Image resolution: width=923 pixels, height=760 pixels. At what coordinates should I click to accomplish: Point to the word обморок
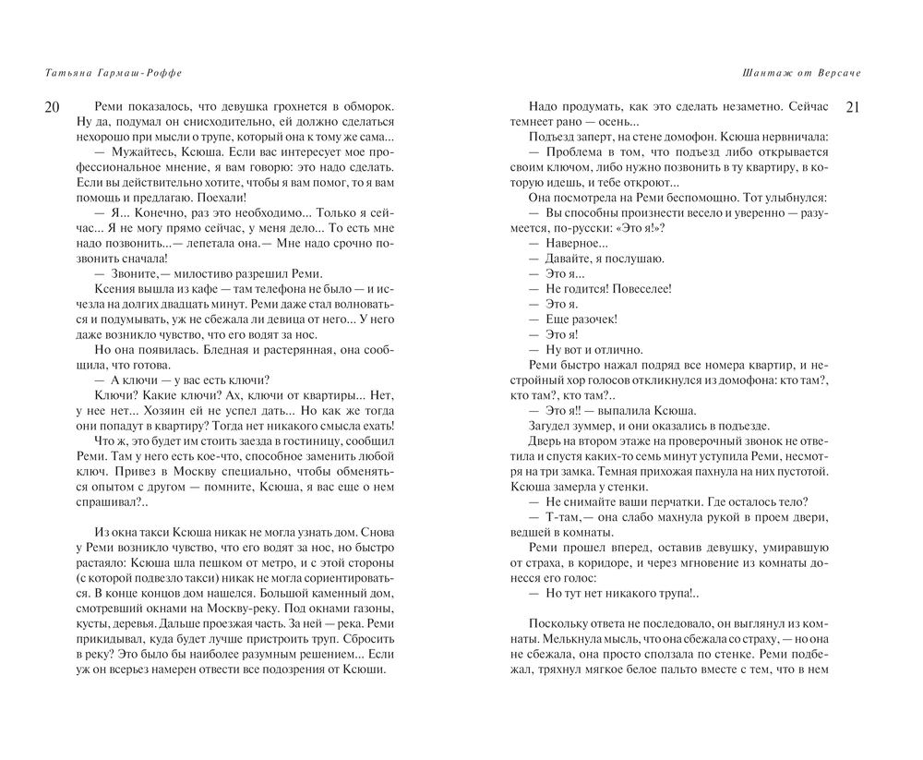point(359,106)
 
